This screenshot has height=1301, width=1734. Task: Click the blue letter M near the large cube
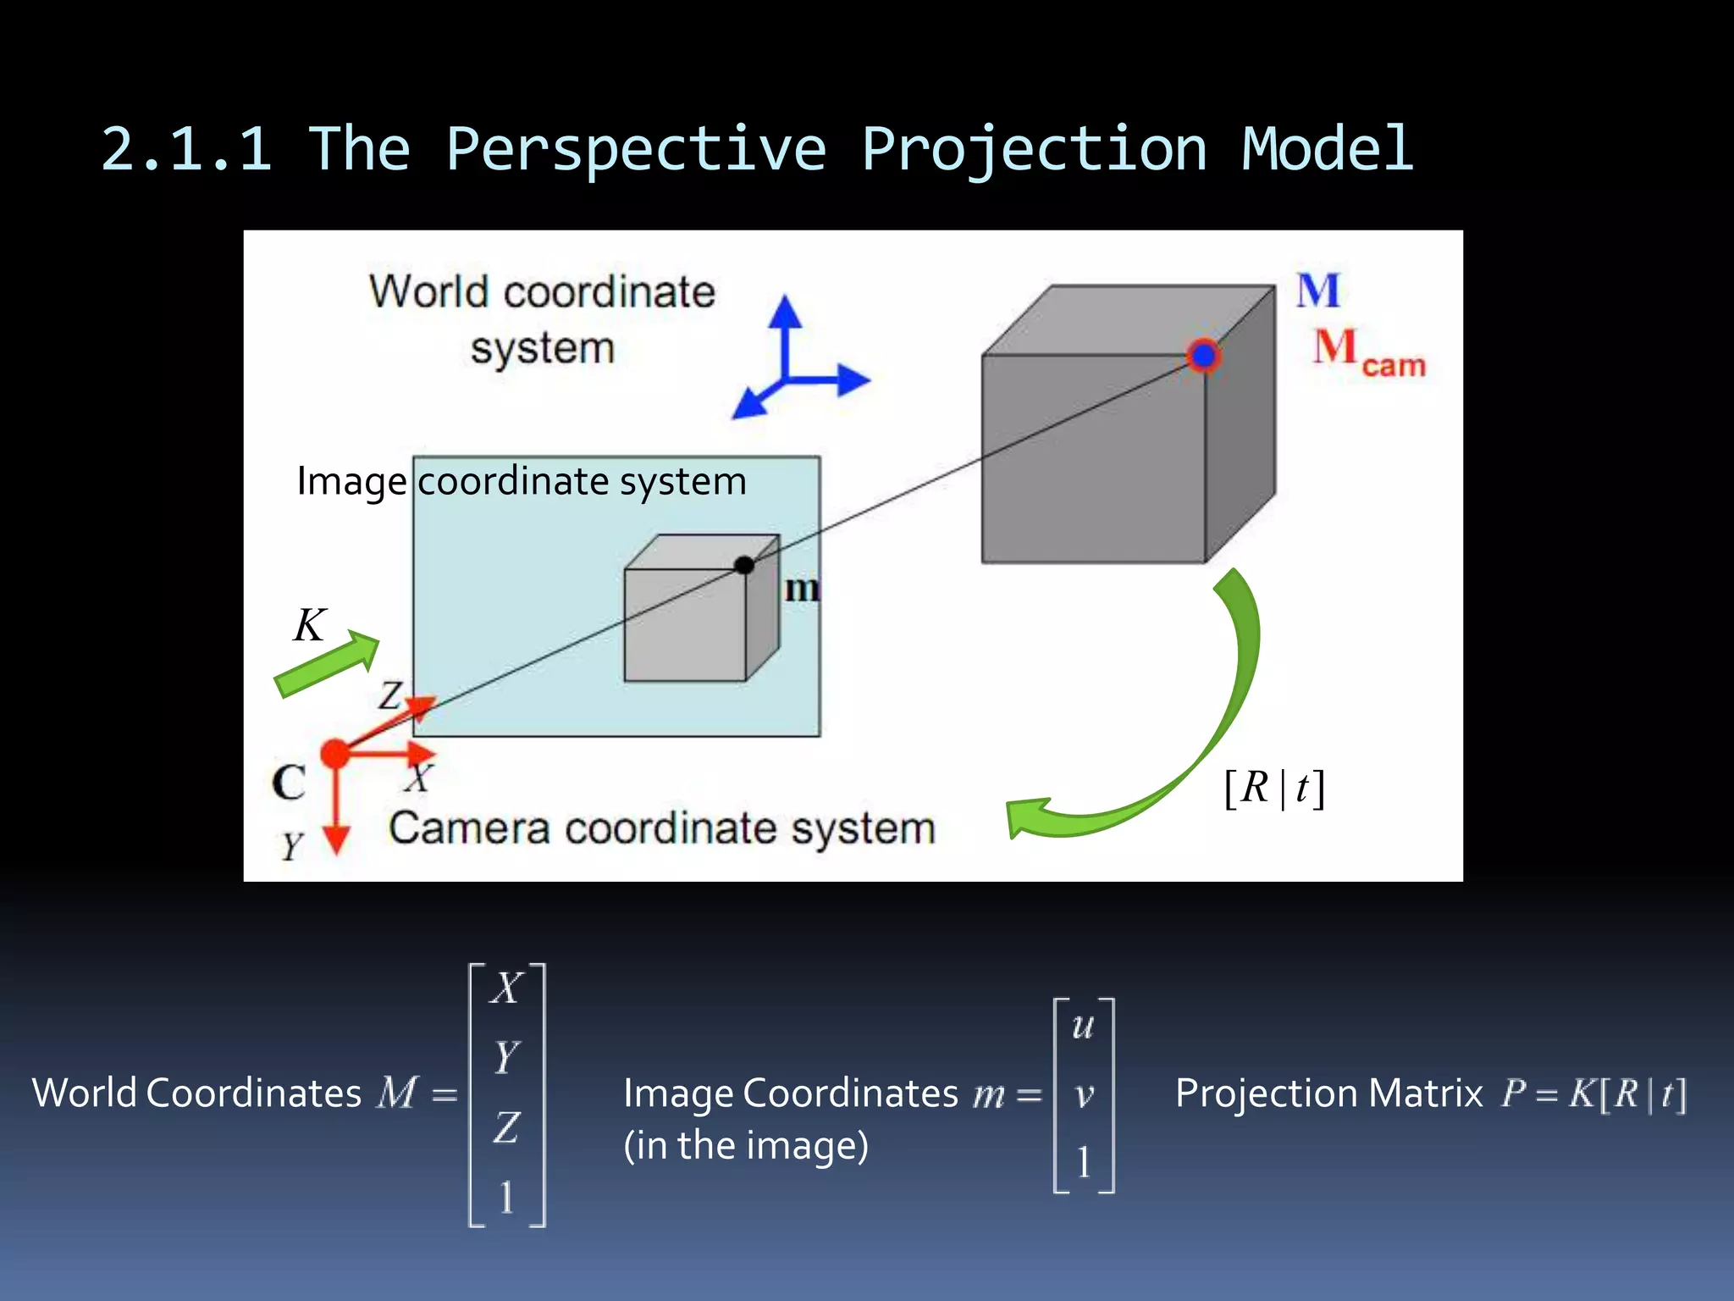[1318, 291]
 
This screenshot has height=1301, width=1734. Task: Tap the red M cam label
[1367, 352]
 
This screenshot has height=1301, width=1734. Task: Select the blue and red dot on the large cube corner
[1203, 356]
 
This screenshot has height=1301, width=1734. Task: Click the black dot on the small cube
[744, 565]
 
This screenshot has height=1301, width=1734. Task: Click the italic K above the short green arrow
[310, 625]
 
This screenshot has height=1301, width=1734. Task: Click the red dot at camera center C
[335, 753]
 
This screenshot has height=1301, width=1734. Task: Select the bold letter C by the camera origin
[289, 783]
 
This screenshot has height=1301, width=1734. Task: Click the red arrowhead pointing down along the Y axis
[337, 839]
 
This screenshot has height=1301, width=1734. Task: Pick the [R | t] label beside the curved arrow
[1274, 789]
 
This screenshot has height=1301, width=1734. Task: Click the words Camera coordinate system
[661, 828]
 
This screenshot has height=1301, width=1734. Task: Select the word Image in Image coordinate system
[351, 482]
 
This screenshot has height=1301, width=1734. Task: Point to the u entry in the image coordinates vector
[1083, 1027]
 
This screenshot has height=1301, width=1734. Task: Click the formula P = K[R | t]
[1593, 1093]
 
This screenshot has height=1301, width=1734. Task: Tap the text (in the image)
[746, 1146]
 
